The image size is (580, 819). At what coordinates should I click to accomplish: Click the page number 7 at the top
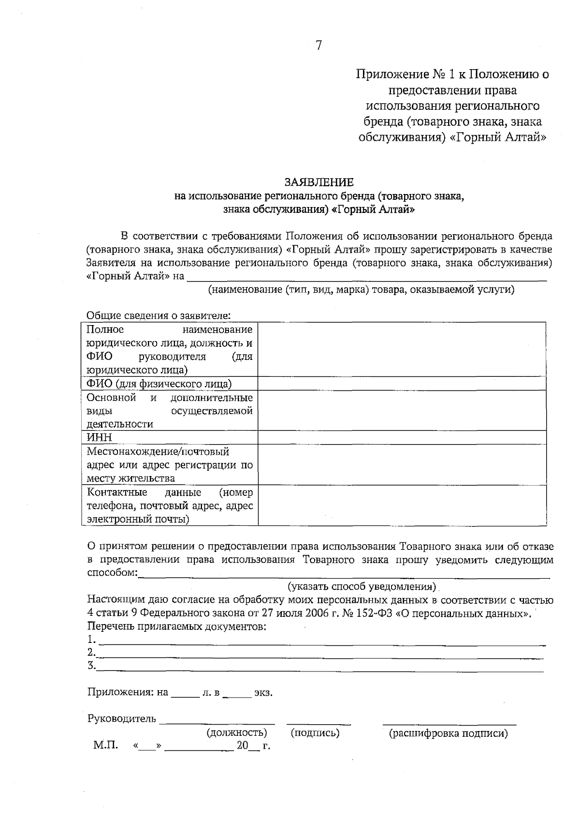318,45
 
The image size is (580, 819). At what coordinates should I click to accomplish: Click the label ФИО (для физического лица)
159,384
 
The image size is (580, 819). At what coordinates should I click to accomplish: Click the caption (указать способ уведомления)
362,587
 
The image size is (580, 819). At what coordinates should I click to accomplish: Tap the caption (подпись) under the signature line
315,733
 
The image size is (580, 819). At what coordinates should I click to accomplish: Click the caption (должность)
237,733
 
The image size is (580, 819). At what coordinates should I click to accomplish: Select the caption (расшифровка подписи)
449,734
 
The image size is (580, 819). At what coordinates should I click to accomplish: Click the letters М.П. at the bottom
106,745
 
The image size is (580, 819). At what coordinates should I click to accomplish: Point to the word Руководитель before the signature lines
122,718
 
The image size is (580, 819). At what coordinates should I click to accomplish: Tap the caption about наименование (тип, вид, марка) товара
361,290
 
